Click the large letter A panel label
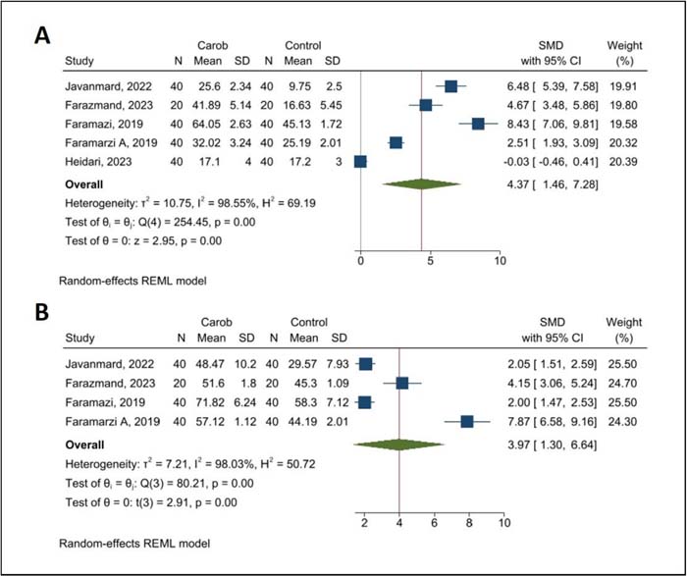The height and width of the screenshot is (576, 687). pos(42,35)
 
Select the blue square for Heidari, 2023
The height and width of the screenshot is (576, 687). pos(360,162)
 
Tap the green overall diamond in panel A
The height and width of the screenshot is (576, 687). pos(421,184)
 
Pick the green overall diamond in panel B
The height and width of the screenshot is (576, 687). pos(399,445)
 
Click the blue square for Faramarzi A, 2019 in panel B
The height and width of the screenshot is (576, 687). pos(467,421)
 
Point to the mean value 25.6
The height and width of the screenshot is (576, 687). pos(209,86)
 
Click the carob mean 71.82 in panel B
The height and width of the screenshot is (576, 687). pos(212,402)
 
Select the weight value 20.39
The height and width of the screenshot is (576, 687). pos(622,162)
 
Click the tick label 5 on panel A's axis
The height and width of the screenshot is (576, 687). pos(430,261)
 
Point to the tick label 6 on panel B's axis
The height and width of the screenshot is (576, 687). pos(434,523)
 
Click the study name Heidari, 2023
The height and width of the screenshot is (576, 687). pos(98,162)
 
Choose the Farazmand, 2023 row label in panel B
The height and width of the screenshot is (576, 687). pos(110,384)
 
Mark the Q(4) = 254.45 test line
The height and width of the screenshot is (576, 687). pos(160,222)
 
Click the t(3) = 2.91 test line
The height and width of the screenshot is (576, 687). pos(151,502)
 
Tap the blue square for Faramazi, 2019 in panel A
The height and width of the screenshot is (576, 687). pos(478,124)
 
